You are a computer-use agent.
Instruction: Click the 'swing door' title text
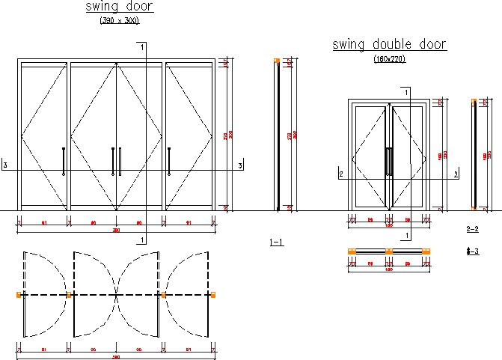pyautogui.click(x=120, y=7)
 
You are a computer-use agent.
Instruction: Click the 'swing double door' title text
pyautogui.click(x=389, y=45)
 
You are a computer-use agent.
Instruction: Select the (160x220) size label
pyautogui.click(x=389, y=59)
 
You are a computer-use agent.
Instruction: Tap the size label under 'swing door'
pyautogui.click(x=120, y=21)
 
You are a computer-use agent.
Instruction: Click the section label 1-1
pyautogui.click(x=276, y=242)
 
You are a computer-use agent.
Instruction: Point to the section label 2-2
pyautogui.click(x=472, y=228)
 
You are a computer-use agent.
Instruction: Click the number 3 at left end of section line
pyautogui.click(x=5, y=165)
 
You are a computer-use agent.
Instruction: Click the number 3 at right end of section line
pyautogui.click(x=240, y=165)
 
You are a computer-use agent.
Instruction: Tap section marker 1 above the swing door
pyautogui.click(x=141, y=46)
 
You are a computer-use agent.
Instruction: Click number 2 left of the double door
pyautogui.click(x=341, y=174)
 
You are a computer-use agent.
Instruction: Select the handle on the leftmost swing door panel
pyautogui.click(x=64, y=162)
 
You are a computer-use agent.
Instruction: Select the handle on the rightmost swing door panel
pyautogui.click(x=170, y=162)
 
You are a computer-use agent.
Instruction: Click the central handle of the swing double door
pyautogui.click(x=388, y=161)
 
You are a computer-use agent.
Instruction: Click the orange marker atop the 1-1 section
pyautogui.click(x=277, y=61)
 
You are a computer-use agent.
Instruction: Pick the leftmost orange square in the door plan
pyautogui.click(x=19, y=296)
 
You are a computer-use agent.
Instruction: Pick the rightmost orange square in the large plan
pyautogui.click(x=213, y=296)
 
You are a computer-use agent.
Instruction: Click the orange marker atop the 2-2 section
pyautogui.click(x=473, y=100)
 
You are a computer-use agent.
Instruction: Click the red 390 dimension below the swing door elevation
pyautogui.click(x=116, y=231)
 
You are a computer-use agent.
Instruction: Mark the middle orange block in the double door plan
pyautogui.click(x=389, y=251)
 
